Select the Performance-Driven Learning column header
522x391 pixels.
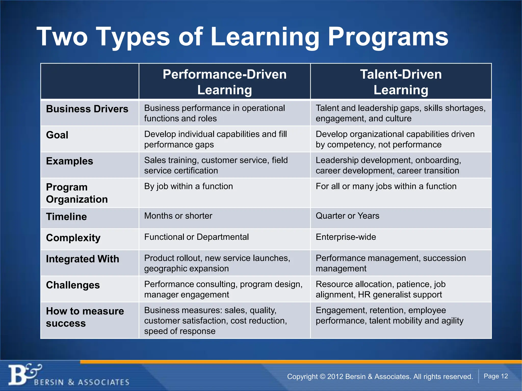(225, 82)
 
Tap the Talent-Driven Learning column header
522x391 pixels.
(401, 82)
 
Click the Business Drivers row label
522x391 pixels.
(87, 109)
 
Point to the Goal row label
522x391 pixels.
(57, 135)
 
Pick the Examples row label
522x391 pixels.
(70, 161)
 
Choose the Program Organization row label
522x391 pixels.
(77, 193)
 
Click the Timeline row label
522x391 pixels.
(66, 217)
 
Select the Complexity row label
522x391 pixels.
(73, 238)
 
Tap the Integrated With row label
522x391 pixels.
(83, 259)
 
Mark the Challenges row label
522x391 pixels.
(73, 285)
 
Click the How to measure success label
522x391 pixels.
(85, 317)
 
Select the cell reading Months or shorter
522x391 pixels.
(178, 216)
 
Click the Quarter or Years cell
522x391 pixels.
(347, 216)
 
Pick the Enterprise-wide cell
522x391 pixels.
(346, 237)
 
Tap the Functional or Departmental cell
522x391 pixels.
(196, 237)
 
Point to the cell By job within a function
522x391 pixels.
(188, 186)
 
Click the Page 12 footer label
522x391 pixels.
(496, 376)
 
